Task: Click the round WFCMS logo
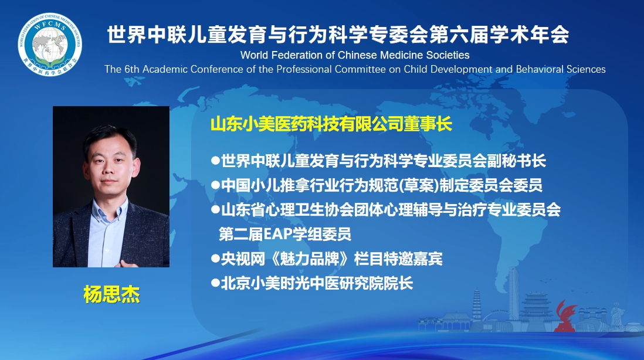[x=50, y=45]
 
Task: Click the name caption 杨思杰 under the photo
[x=111, y=294]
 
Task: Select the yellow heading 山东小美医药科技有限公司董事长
[x=331, y=124]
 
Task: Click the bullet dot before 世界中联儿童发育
[x=215, y=161]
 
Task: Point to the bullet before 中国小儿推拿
[x=215, y=185]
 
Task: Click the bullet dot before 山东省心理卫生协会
[x=215, y=209]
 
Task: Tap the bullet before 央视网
[x=215, y=258]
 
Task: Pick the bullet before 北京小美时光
[x=215, y=283]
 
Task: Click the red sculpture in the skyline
[x=565, y=316]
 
